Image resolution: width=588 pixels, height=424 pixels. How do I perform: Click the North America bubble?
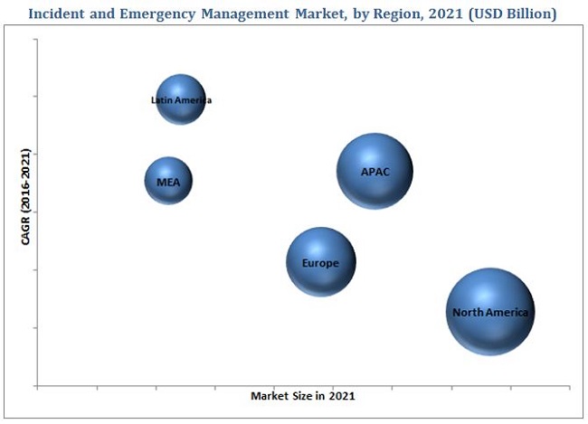490,312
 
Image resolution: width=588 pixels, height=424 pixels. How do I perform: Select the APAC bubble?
375,171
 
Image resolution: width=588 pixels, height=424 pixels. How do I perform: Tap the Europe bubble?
321,262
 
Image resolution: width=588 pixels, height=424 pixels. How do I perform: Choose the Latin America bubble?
181,99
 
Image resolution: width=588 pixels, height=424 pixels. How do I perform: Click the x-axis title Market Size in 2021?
302,396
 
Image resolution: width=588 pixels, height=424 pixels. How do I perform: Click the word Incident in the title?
59,14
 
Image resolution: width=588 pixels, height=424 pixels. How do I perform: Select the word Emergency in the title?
156,14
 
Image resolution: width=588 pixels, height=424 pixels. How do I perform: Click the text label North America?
489,313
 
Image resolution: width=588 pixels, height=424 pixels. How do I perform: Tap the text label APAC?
375,172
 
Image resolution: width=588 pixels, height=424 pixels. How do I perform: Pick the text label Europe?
320,264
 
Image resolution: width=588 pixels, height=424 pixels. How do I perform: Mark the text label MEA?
168,182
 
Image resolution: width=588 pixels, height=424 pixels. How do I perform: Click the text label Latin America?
181,100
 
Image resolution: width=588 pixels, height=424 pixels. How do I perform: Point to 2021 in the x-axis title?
341,396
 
